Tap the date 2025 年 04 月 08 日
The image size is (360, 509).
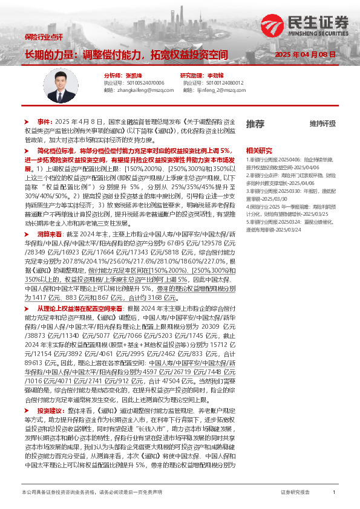[305, 54]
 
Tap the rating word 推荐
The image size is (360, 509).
[255, 123]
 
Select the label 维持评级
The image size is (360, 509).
[322, 124]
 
